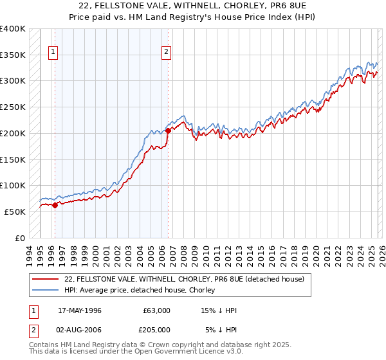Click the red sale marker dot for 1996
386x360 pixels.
(55, 205)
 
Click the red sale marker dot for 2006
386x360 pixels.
(169, 130)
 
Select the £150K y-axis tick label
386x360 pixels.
(12, 159)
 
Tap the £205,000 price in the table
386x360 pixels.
(156, 329)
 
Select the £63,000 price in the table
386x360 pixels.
(156, 310)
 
